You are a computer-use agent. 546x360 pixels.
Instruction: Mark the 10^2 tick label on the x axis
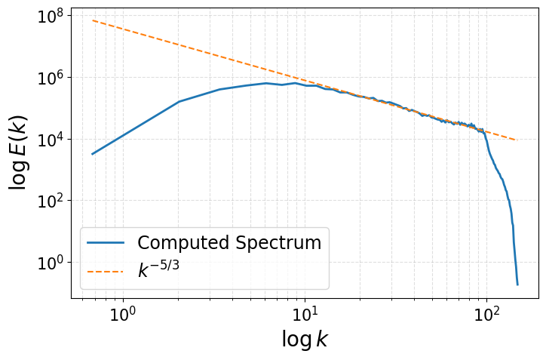pyautogui.click(x=486, y=313)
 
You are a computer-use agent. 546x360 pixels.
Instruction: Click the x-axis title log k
pyautogui.click(x=305, y=340)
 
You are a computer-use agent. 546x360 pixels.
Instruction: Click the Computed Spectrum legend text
pyautogui.click(x=229, y=243)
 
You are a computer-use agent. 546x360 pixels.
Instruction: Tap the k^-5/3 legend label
pyautogui.click(x=158, y=270)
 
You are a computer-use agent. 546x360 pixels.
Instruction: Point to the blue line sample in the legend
pyautogui.click(x=106, y=243)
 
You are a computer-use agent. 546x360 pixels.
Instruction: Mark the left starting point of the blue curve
pyautogui.click(x=93, y=154)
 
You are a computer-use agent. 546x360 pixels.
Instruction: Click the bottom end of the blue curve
pyautogui.click(x=517, y=285)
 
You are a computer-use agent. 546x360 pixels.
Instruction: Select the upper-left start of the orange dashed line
pyautogui.click(x=93, y=20)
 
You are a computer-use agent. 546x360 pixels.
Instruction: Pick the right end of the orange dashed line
pyautogui.click(x=516, y=140)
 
